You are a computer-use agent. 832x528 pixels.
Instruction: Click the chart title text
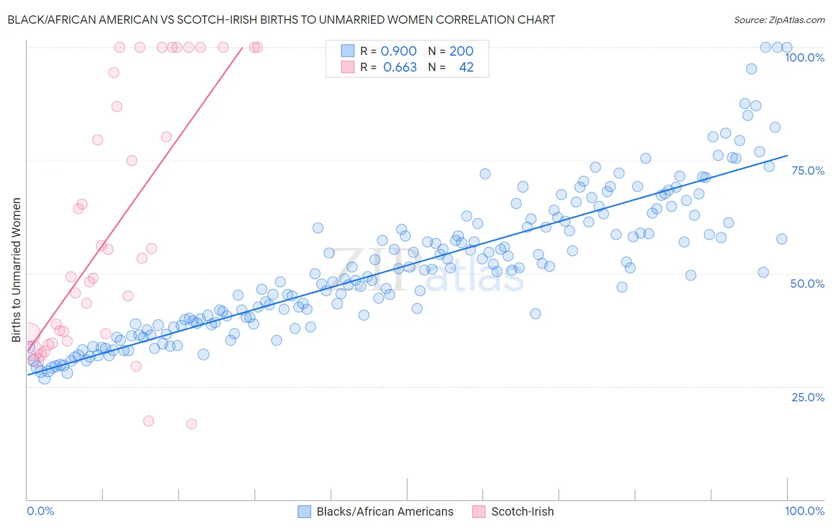(x=281, y=20)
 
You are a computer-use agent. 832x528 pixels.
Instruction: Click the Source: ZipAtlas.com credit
(x=779, y=20)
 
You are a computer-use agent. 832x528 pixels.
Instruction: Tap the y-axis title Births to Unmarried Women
(x=16, y=270)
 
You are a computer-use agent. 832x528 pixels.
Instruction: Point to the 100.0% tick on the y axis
(x=804, y=57)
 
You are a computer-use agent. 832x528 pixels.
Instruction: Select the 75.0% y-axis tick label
(x=808, y=170)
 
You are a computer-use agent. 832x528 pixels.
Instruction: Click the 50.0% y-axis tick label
(x=807, y=284)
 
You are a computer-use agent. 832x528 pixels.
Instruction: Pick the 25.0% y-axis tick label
(x=808, y=397)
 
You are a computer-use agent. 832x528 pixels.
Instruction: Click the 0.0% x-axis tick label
(x=40, y=511)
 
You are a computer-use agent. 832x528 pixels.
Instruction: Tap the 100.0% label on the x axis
(x=804, y=511)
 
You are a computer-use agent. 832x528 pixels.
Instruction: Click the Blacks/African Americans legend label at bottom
(x=385, y=511)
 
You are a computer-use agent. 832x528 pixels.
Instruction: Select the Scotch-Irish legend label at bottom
(x=523, y=511)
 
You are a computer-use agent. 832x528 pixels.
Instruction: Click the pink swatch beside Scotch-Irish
(x=479, y=511)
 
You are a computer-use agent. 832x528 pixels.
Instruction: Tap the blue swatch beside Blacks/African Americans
(x=304, y=511)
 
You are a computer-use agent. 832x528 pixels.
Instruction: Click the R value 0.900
(x=398, y=51)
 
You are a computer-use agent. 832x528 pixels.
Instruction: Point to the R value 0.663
(x=399, y=67)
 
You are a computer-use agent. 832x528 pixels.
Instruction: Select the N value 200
(x=461, y=51)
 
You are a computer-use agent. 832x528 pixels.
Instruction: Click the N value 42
(x=466, y=67)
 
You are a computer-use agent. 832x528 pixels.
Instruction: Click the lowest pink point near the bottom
(x=191, y=424)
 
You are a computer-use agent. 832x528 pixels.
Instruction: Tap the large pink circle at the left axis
(x=28, y=334)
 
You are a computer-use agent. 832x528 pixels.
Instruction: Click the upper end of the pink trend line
(x=243, y=47)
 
